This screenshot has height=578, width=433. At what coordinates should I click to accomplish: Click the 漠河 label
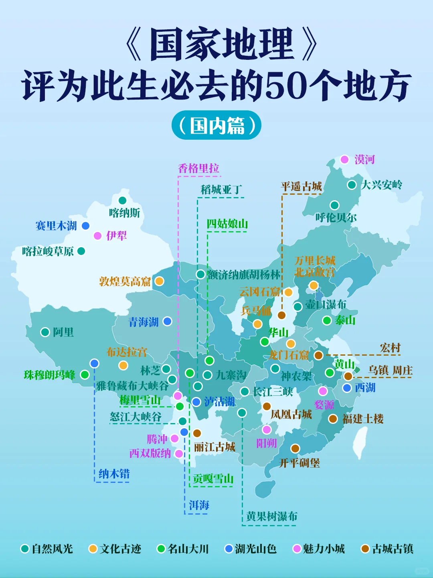click(x=364, y=160)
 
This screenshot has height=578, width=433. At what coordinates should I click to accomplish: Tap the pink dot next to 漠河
click(x=344, y=159)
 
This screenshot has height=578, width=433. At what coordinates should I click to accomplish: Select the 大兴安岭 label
click(x=381, y=185)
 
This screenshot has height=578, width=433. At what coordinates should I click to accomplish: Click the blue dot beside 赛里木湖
click(x=85, y=226)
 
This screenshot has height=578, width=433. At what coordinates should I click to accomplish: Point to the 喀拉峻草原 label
click(x=48, y=251)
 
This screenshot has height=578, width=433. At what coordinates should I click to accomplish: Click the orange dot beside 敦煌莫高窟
click(x=159, y=281)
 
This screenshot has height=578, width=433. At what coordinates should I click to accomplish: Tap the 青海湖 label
click(x=143, y=322)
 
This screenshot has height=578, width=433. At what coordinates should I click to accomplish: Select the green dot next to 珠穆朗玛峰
click(x=85, y=374)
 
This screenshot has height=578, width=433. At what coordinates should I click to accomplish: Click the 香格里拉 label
click(x=198, y=169)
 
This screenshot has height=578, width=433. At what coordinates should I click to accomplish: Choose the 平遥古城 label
click(x=301, y=187)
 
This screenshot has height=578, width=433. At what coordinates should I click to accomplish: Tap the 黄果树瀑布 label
click(x=272, y=516)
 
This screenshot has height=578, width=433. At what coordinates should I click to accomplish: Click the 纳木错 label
click(x=114, y=474)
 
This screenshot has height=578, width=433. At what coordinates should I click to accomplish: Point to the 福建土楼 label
click(x=363, y=419)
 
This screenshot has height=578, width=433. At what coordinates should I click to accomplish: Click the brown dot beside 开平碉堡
click(x=295, y=448)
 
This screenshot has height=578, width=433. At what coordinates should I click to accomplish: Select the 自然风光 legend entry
click(x=47, y=549)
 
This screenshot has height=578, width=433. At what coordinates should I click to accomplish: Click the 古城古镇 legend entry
click(x=387, y=549)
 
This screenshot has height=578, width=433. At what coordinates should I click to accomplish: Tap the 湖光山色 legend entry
click(x=251, y=549)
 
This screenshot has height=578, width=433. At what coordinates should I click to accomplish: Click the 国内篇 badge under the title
click(x=216, y=126)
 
